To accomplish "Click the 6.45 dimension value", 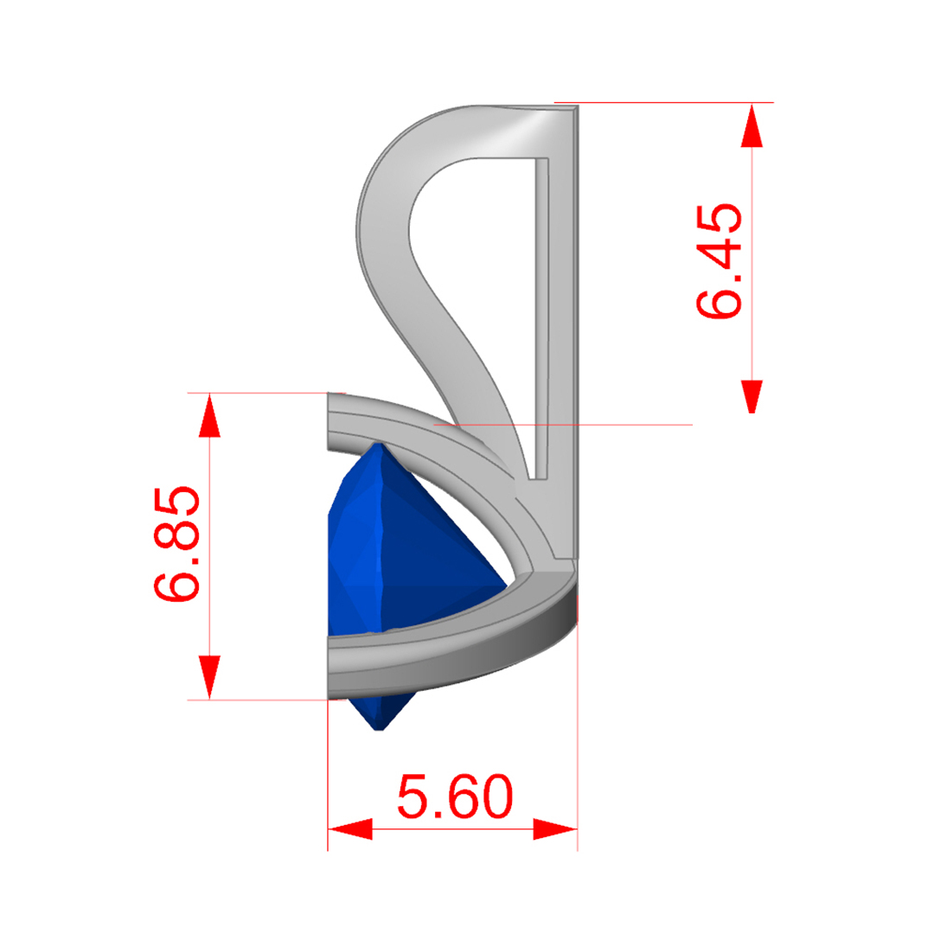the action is point(720,261).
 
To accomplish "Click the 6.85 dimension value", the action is point(177,543).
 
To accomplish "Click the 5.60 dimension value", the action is point(455,796).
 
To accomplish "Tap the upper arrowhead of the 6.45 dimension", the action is point(752,125).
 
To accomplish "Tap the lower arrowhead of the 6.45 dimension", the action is point(752,397).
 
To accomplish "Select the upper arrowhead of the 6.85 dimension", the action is point(209,415).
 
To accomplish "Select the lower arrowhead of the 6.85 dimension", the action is point(209,677).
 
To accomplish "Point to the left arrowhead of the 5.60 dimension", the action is point(350,828).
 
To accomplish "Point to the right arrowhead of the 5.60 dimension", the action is point(555,828).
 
